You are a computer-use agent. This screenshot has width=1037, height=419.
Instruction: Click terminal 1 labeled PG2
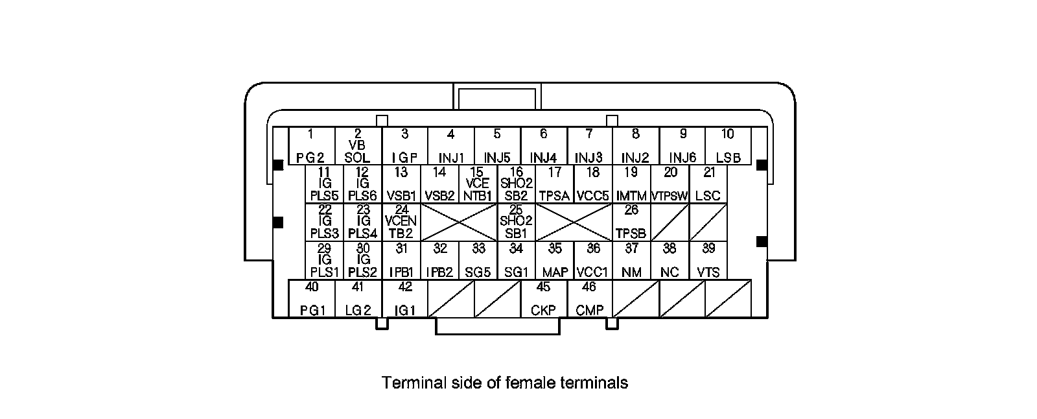[x=312, y=146]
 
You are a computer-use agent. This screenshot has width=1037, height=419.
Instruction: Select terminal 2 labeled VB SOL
[x=358, y=146]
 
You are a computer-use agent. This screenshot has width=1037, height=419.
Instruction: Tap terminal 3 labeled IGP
[x=404, y=146]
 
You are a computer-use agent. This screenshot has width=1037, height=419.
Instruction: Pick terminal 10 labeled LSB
[x=728, y=146]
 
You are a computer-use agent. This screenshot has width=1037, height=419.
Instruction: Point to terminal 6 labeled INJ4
[x=544, y=146]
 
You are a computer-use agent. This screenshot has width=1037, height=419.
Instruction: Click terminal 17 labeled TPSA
[x=555, y=184]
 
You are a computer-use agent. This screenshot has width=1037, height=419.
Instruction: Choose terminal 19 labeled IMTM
[x=631, y=184]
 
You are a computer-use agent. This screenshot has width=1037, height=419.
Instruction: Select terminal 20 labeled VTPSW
[x=670, y=184]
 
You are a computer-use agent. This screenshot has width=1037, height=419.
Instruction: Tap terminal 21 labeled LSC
[x=708, y=184]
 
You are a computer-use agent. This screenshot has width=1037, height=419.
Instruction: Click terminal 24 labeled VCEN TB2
[x=401, y=222]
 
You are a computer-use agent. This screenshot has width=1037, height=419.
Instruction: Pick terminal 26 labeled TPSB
[x=631, y=222]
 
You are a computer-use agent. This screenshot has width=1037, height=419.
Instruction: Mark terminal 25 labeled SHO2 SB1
[x=516, y=222]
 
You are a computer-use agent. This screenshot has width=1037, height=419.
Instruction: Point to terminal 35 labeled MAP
[x=555, y=261]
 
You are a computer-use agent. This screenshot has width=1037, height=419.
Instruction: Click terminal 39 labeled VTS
[x=708, y=261]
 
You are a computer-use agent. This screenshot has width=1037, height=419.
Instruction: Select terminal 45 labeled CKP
[x=544, y=298]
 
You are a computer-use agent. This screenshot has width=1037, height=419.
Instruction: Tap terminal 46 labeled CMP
[x=590, y=298]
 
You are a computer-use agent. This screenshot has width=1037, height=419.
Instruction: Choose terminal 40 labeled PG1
[x=312, y=298]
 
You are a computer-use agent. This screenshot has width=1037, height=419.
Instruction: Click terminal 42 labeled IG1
[x=404, y=298]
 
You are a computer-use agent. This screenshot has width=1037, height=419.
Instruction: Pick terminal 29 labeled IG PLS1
[x=325, y=261]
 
